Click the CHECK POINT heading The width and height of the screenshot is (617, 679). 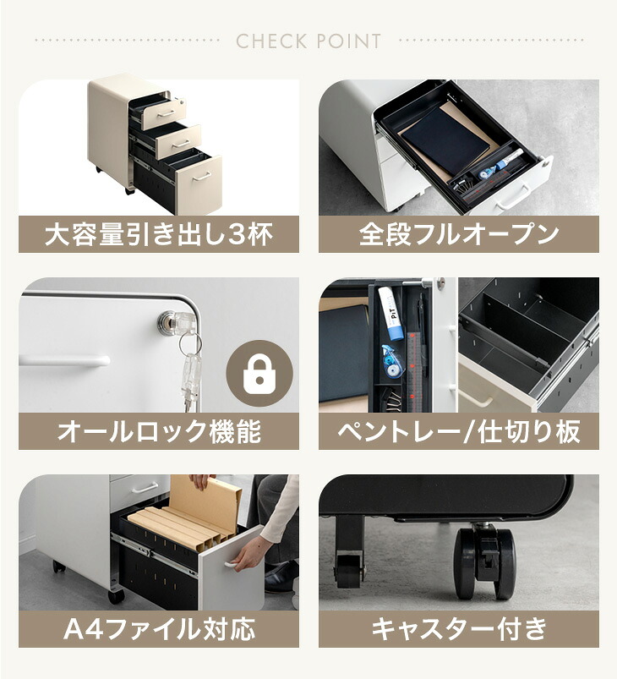[x=308, y=41]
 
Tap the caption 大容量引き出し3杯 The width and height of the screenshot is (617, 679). [x=158, y=235]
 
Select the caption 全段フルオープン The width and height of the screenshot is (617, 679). [x=459, y=235]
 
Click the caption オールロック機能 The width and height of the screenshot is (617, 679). [x=158, y=431]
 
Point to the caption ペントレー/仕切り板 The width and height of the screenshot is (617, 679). [x=459, y=431]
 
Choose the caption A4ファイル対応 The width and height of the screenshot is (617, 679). [x=158, y=629]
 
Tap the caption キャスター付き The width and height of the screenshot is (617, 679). [x=459, y=629]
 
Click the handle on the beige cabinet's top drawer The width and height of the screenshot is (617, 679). [x=166, y=115]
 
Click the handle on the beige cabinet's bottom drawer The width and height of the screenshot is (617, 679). [x=201, y=176]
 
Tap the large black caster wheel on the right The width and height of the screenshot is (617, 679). [x=484, y=562]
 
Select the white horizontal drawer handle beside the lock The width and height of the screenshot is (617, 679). [x=64, y=360]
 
